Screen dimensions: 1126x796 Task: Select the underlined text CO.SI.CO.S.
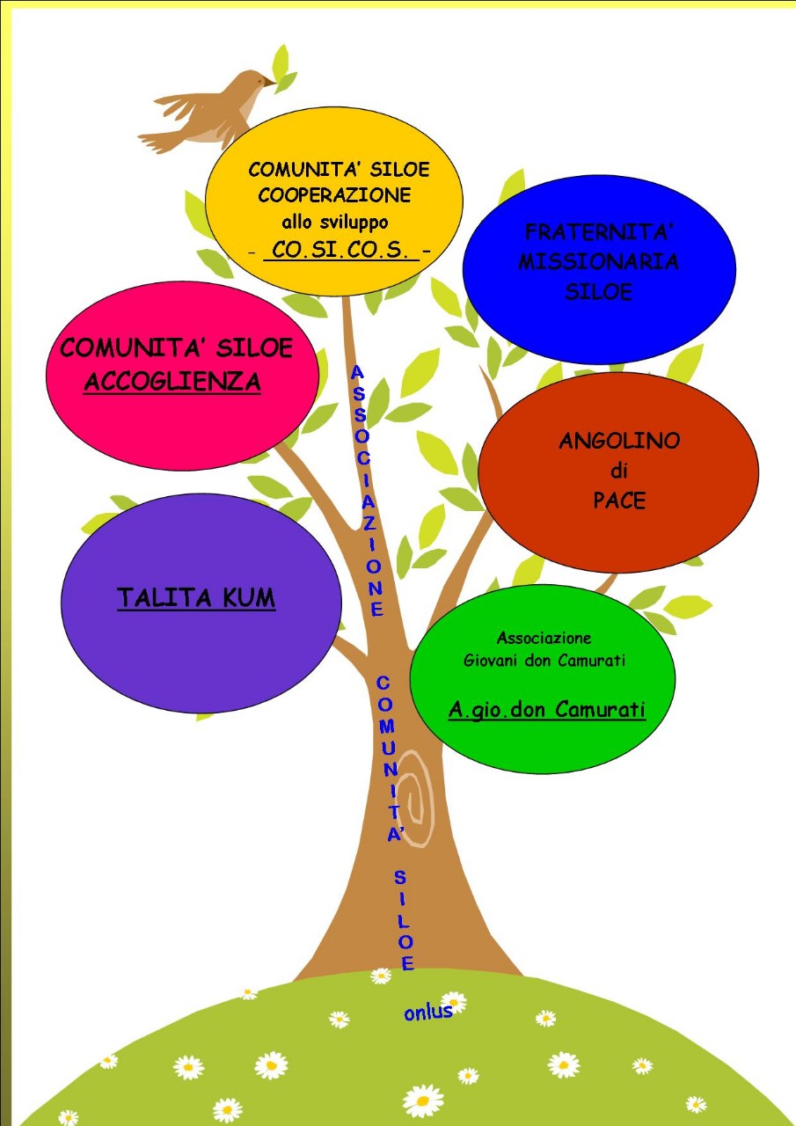click(x=340, y=250)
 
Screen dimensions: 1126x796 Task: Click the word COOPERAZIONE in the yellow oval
click(x=334, y=194)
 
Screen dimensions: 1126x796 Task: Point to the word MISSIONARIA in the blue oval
click(x=598, y=262)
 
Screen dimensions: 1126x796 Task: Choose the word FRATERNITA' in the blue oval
click(x=598, y=232)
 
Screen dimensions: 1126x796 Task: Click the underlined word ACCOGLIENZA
click(x=172, y=381)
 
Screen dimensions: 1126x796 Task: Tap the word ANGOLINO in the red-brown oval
click(x=619, y=441)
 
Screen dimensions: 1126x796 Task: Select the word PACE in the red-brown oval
click(x=619, y=501)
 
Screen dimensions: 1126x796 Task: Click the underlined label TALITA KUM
click(x=196, y=598)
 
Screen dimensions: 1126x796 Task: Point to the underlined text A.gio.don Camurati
click(x=547, y=709)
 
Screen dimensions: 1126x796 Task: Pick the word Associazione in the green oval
click(x=544, y=638)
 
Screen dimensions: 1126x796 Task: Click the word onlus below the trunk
click(x=428, y=1012)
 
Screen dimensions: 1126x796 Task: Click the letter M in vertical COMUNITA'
click(x=387, y=727)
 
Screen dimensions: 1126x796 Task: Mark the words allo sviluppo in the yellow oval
click(x=334, y=222)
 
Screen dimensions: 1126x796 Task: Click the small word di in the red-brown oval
click(x=619, y=472)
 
